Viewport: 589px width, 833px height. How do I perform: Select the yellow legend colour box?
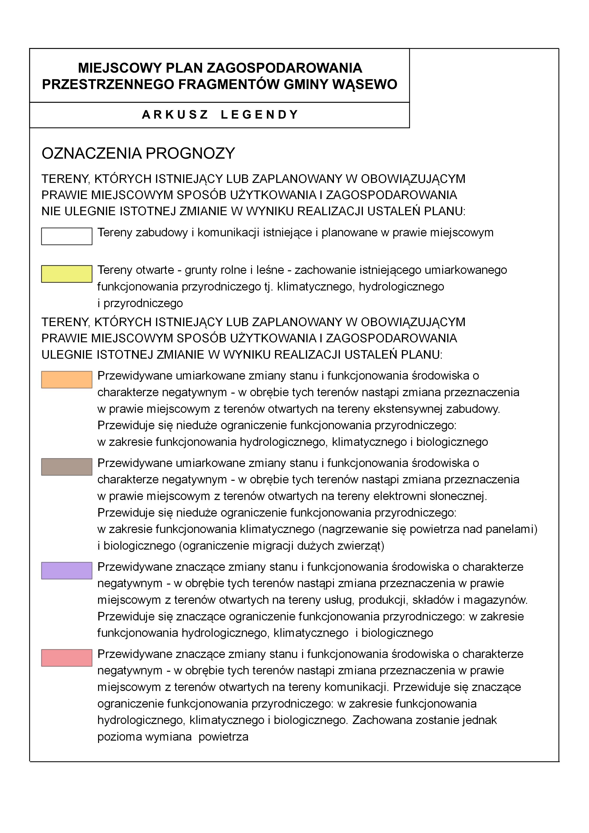tap(67, 274)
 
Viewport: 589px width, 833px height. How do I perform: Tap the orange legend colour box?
tap(67, 380)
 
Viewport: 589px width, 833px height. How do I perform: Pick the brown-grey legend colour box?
tap(67, 467)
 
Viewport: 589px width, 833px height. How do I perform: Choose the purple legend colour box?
tap(67, 571)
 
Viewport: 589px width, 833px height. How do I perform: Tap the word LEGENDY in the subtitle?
tap(259, 115)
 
